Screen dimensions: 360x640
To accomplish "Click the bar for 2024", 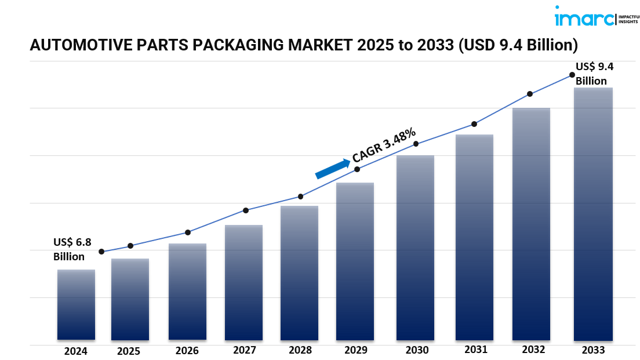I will (x=76, y=304).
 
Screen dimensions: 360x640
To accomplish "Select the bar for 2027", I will (x=243, y=282).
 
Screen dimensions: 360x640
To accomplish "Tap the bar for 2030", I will (x=415, y=248).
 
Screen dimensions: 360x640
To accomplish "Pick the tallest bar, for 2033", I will (x=593, y=214).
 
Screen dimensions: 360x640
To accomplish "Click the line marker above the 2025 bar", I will (x=130, y=246).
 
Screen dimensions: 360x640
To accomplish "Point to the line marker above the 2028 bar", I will (x=300, y=197).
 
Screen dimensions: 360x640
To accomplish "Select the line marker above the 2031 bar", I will (x=474, y=124).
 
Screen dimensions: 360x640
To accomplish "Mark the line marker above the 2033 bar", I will (x=572, y=75).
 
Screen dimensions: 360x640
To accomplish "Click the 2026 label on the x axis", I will (x=187, y=351).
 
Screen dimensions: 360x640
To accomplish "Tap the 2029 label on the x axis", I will (x=356, y=350).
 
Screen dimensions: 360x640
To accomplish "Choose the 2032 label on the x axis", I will (x=533, y=350).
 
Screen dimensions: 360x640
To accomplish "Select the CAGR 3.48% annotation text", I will (x=384, y=144).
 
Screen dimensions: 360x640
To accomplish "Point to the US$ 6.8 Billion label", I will (x=72, y=249).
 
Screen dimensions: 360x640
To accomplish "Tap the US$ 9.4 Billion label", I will (x=594, y=74).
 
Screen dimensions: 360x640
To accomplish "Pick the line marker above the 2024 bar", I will (x=101, y=252).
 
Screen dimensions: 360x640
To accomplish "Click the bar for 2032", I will (x=531, y=224).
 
